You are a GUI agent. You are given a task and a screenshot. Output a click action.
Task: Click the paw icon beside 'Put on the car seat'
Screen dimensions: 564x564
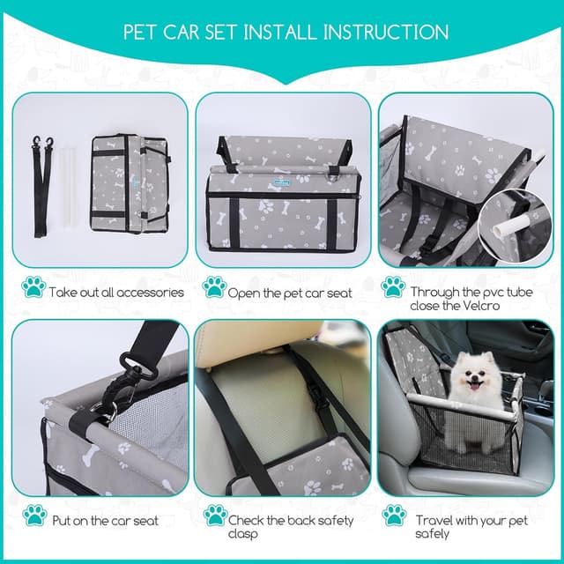[x=33, y=516]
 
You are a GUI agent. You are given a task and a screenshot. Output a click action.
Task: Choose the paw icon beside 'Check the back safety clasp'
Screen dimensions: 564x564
[x=214, y=516]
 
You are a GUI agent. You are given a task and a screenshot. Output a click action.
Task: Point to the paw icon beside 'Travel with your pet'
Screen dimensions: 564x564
[x=393, y=516]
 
